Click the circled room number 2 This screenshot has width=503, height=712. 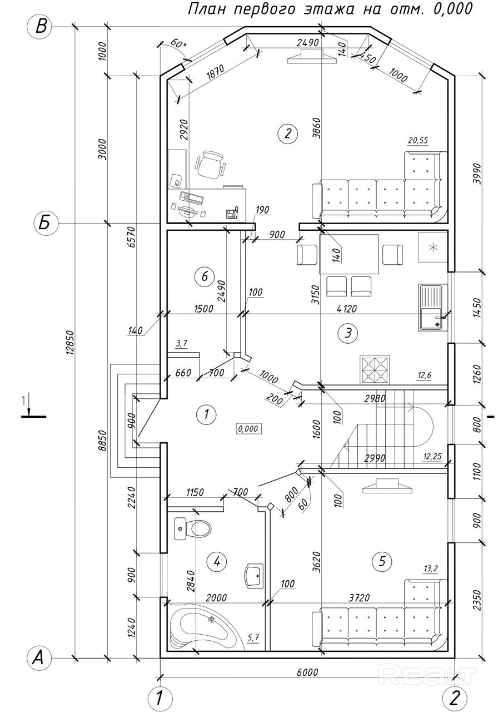tap(287, 134)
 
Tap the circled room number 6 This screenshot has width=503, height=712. tap(205, 276)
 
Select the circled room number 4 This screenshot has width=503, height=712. tap(217, 562)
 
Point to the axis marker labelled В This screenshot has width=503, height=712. tap(41, 27)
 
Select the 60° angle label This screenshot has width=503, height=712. tap(178, 43)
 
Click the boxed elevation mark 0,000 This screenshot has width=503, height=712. tap(248, 429)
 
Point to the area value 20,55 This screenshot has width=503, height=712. tap(418, 140)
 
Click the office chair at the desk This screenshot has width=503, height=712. tap(210, 165)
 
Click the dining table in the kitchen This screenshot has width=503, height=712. tap(348, 254)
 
